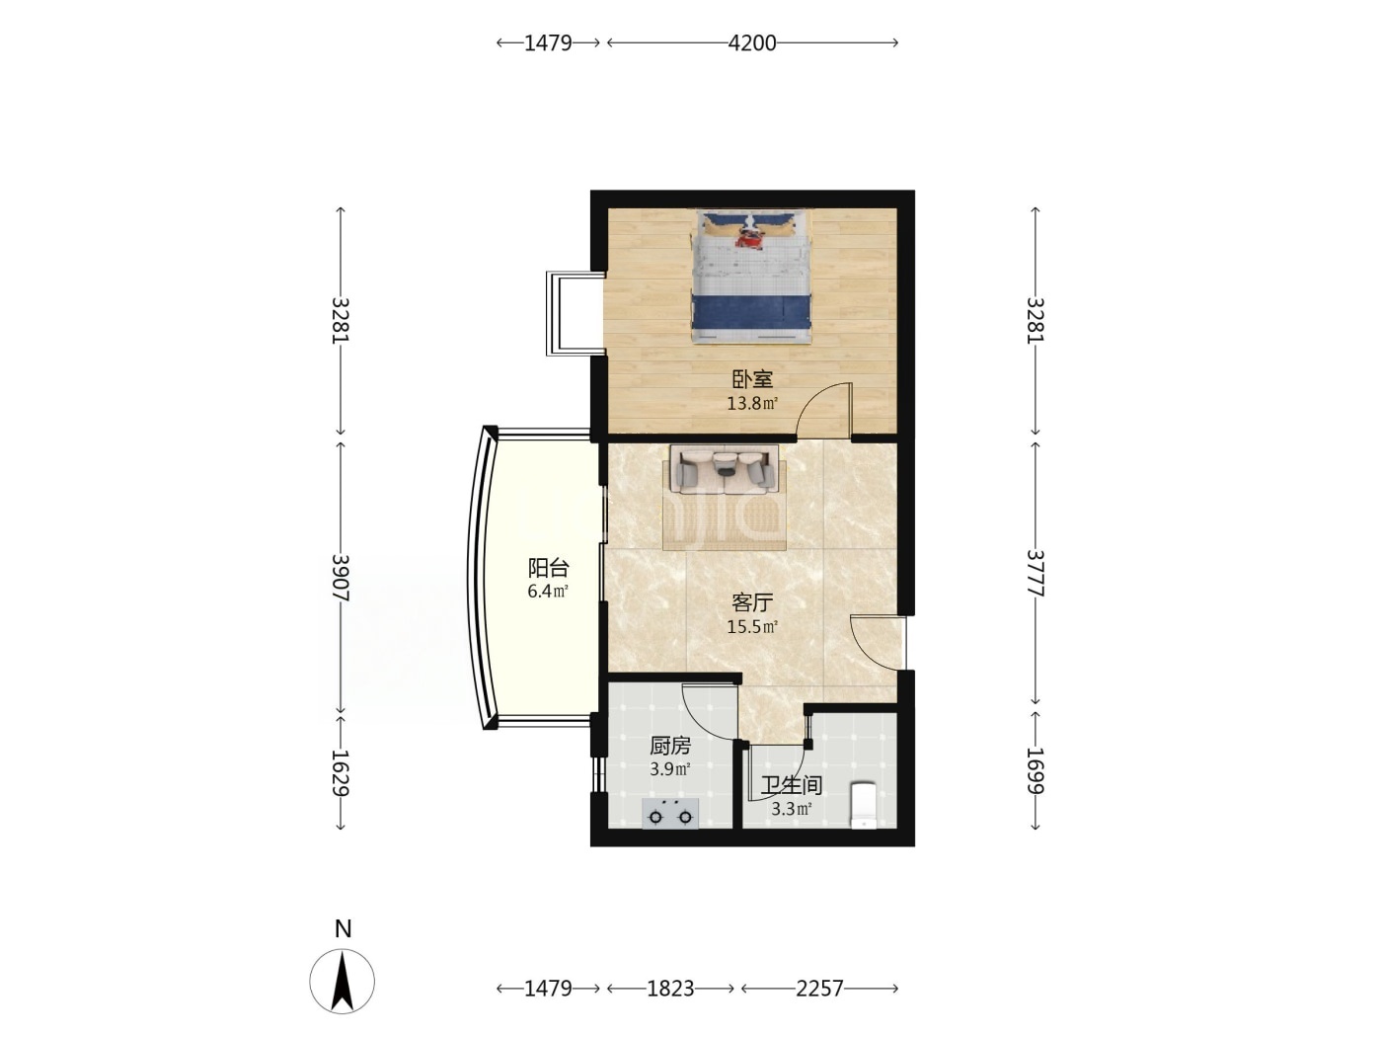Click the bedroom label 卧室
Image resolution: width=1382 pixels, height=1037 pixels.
click(752, 379)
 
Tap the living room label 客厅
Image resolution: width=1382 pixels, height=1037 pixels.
click(752, 602)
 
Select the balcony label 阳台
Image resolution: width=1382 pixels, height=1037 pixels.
click(549, 568)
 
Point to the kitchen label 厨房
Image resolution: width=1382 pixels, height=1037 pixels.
click(670, 746)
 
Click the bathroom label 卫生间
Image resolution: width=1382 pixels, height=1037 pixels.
click(792, 785)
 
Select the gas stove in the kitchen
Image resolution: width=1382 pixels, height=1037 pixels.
click(670, 814)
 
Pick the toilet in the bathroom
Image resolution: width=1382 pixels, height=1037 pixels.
click(863, 804)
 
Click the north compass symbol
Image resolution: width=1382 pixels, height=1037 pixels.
click(342, 981)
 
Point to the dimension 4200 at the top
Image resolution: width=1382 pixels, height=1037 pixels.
click(752, 43)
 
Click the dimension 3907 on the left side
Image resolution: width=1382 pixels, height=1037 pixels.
click(341, 578)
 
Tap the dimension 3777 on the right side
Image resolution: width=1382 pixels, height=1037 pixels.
click(1036, 573)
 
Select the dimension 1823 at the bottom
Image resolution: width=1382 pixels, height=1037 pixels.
click(670, 989)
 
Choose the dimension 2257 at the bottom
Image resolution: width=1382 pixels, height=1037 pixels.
click(819, 989)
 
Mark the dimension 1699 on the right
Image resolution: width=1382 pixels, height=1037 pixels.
click(1036, 770)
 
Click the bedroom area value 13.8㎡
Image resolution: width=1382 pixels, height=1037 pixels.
click(752, 404)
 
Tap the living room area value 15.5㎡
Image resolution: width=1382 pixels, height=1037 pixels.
click(752, 627)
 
